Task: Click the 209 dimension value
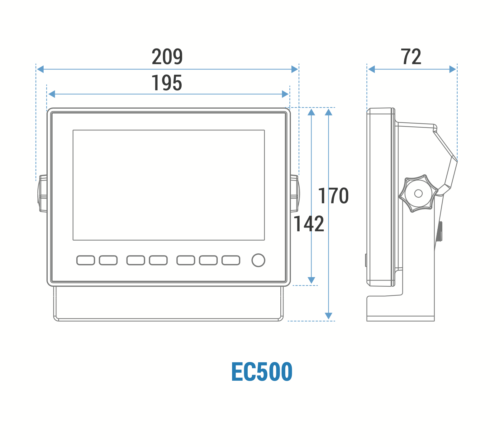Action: [167, 57]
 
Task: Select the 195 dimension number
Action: [167, 83]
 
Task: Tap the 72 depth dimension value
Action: [411, 57]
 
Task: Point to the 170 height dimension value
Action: [333, 196]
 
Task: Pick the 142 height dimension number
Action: [309, 224]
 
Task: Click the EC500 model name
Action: [262, 372]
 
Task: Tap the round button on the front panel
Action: [258, 260]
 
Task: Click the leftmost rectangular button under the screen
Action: [86, 260]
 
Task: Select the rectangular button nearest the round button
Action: [231, 260]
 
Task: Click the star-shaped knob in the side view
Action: [419, 193]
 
